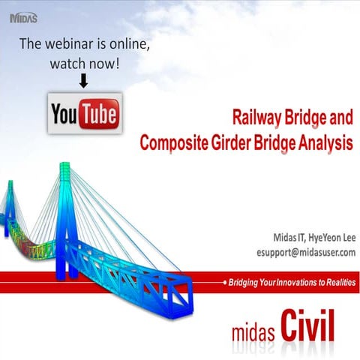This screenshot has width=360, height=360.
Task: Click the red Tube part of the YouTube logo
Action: tap(99, 114)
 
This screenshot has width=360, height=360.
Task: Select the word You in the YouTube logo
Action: tap(66, 114)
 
